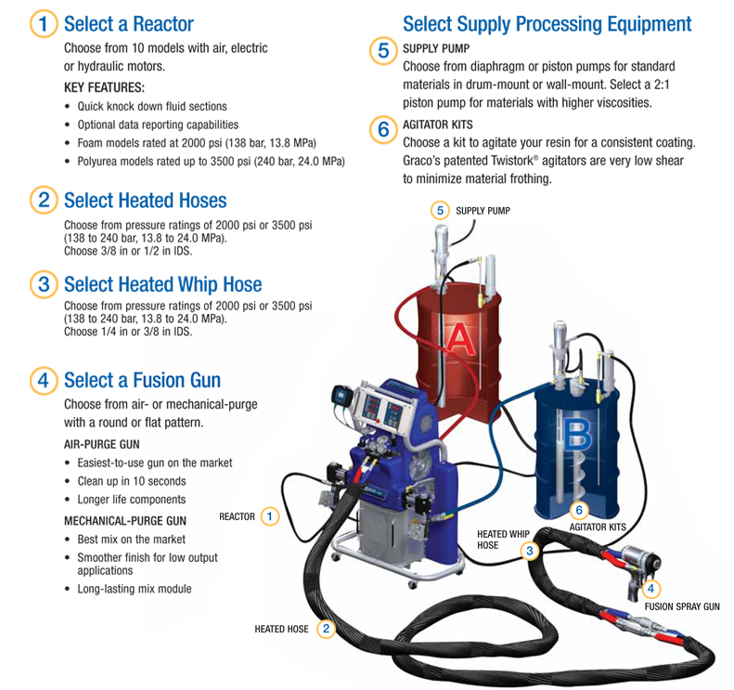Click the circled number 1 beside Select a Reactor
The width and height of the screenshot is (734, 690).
tap(43, 23)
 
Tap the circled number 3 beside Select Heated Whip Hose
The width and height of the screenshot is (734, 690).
tap(43, 284)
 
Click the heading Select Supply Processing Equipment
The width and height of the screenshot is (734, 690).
tap(547, 23)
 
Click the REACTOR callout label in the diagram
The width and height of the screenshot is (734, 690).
tap(237, 516)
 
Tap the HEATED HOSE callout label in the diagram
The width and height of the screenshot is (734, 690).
tap(282, 630)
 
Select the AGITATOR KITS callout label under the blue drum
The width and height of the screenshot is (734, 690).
tap(598, 527)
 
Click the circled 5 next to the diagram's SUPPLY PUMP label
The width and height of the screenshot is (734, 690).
tap(440, 211)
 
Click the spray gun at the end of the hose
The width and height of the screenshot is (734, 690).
tap(638, 563)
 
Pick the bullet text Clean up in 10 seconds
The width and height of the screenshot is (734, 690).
tap(131, 481)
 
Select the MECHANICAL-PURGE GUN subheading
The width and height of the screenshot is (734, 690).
tap(124, 520)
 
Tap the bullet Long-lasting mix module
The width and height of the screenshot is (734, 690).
tap(134, 589)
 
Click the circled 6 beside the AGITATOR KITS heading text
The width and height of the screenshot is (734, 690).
tap(383, 130)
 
